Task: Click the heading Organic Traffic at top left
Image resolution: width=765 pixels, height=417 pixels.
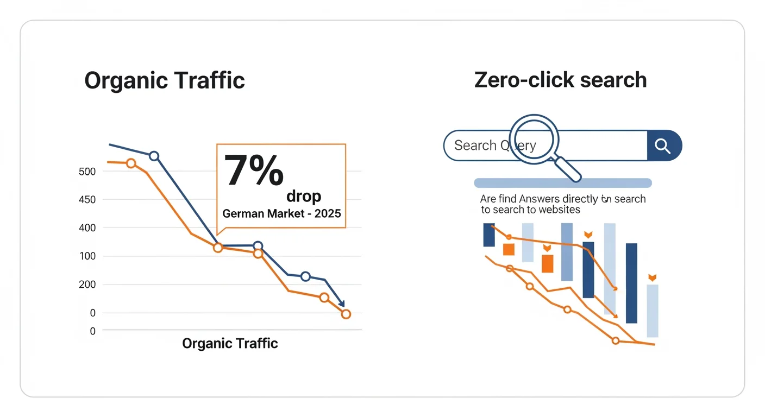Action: click(165, 81)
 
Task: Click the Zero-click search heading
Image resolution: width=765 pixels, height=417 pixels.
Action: click(560, 80)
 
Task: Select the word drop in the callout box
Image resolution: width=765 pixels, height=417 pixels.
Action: click(304, 196)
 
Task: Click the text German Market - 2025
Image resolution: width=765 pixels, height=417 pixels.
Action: click(281, 213)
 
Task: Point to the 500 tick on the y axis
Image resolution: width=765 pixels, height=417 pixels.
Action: click(87, 172)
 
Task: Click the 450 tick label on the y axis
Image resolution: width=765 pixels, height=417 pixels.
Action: click(87, 200)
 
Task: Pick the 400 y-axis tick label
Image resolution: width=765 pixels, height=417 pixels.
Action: click(87, 228)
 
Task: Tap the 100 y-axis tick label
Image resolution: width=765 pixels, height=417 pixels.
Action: click(87, 256)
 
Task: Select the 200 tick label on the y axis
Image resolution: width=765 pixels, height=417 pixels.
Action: click(87, 285)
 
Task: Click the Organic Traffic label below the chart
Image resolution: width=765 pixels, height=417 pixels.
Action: click(230, 343)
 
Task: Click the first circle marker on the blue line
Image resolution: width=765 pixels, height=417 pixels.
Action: click(154, 156)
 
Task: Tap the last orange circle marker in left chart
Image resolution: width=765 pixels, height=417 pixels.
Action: click(346, 314)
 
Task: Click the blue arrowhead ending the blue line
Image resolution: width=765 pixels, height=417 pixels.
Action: click(341, 304)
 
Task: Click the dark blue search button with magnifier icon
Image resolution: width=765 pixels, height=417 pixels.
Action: click(663, 146)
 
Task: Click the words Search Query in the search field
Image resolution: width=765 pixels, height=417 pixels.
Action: click(494, 146)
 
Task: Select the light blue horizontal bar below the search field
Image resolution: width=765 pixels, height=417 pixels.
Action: click(562, 183)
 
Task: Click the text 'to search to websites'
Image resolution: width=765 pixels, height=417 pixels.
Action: click(530, 210)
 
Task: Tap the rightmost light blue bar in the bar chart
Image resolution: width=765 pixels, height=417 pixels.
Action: click(652, 311)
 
